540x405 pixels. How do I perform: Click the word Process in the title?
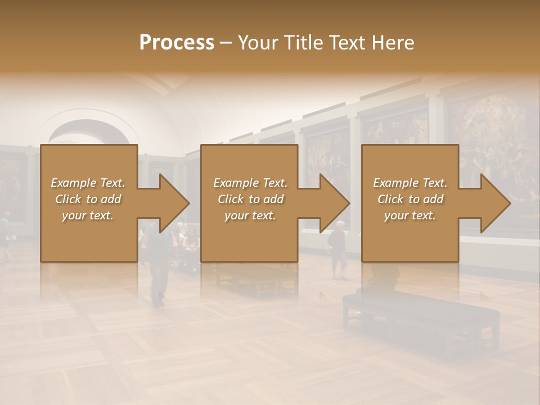[x=177, y=43]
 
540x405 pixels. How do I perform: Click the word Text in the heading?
[x=349, y=43]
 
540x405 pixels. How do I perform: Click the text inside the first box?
[x=88, y=199]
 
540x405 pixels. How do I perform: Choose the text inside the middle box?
[x=250, y=199]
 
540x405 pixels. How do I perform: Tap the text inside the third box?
[x=410, y=199]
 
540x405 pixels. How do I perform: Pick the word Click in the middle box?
[x=231, y=199]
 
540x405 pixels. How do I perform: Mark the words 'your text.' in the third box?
[x=410, y=215]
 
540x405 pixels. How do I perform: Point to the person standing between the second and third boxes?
[x=337, y=247]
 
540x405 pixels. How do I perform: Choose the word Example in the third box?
[x=393, y=183]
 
